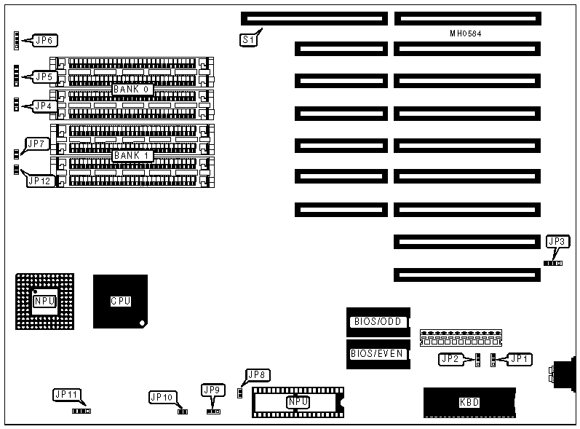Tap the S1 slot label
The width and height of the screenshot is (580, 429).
[x=248, y=41]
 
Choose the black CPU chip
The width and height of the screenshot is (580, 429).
[x=120, y=300]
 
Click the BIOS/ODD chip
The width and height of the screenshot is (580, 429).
[x=378, y=322]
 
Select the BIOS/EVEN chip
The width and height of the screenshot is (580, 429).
[x=377, y=353]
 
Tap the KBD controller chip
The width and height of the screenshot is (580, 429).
[x=469, y=402]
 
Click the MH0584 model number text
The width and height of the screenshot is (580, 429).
[x=466, y=34]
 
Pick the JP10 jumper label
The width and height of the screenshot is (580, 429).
[x=161, y=397]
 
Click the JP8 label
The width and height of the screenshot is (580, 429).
[x=258, y=375]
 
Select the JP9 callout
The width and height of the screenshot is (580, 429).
[x=212, y=389]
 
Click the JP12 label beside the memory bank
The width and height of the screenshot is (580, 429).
[x=40, y=180]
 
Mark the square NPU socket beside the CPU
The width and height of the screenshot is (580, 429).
[x=44, y=300]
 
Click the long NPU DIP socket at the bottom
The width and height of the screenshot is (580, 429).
[x=297, y=402]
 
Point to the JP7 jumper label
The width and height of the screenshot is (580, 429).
[x=37, y=143]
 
